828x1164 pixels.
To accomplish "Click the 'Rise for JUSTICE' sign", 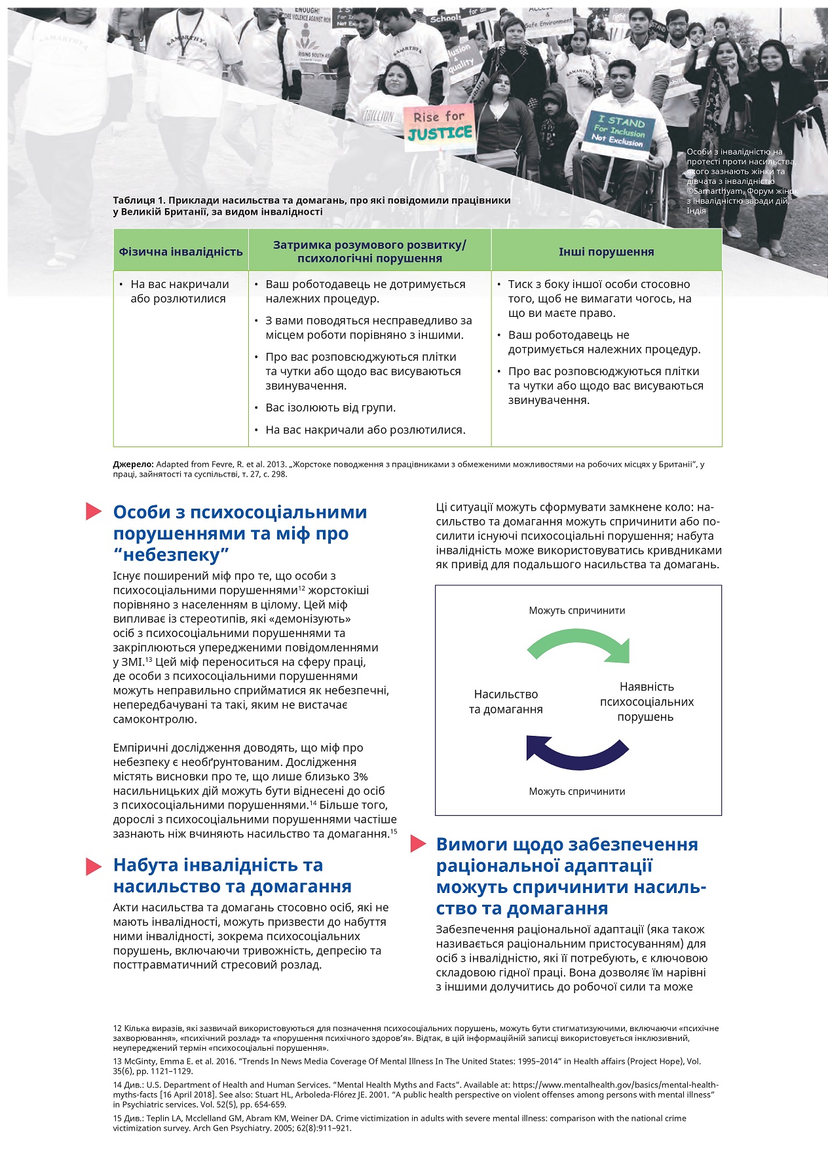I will pyautogui.click(x=439, y=125).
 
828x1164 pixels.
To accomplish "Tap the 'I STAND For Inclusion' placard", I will pyautogui.click(x=619, y=132).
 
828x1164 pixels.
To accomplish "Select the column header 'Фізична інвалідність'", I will pyautogui.click(x=181, y=251).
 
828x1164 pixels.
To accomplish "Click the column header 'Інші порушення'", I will pyautogui.click(x=606, y=251).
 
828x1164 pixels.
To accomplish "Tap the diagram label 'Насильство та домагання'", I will pyautogui.click(x=506, y=702).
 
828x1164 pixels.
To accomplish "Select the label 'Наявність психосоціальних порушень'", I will pyautogui.click(x=647, y=702).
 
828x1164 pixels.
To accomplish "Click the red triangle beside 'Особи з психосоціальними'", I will pyautogui.click(x=94, y=512).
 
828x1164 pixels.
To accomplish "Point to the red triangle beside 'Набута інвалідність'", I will pyautogui.click(x=94, y=866).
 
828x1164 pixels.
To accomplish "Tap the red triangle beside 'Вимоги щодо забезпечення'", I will pyautogui.click(x=418, y=845).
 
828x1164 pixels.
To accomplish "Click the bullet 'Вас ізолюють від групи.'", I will pyautogui.click(x=330, y=408).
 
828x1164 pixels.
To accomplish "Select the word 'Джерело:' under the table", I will pyautogui.click(x=133, y=464).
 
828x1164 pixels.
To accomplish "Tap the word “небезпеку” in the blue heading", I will pyautogui.click(x=171, y=555).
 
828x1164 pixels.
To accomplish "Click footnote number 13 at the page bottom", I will pyautogui.click(x=117, y=1061).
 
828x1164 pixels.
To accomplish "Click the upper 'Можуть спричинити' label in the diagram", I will pyautogui.click(x=577, y=611).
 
